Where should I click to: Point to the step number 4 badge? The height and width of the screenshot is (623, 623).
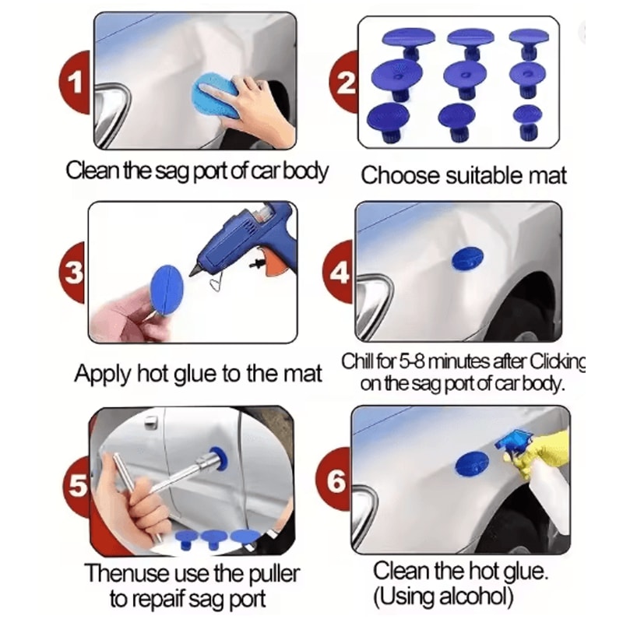(x=341, y=273)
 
